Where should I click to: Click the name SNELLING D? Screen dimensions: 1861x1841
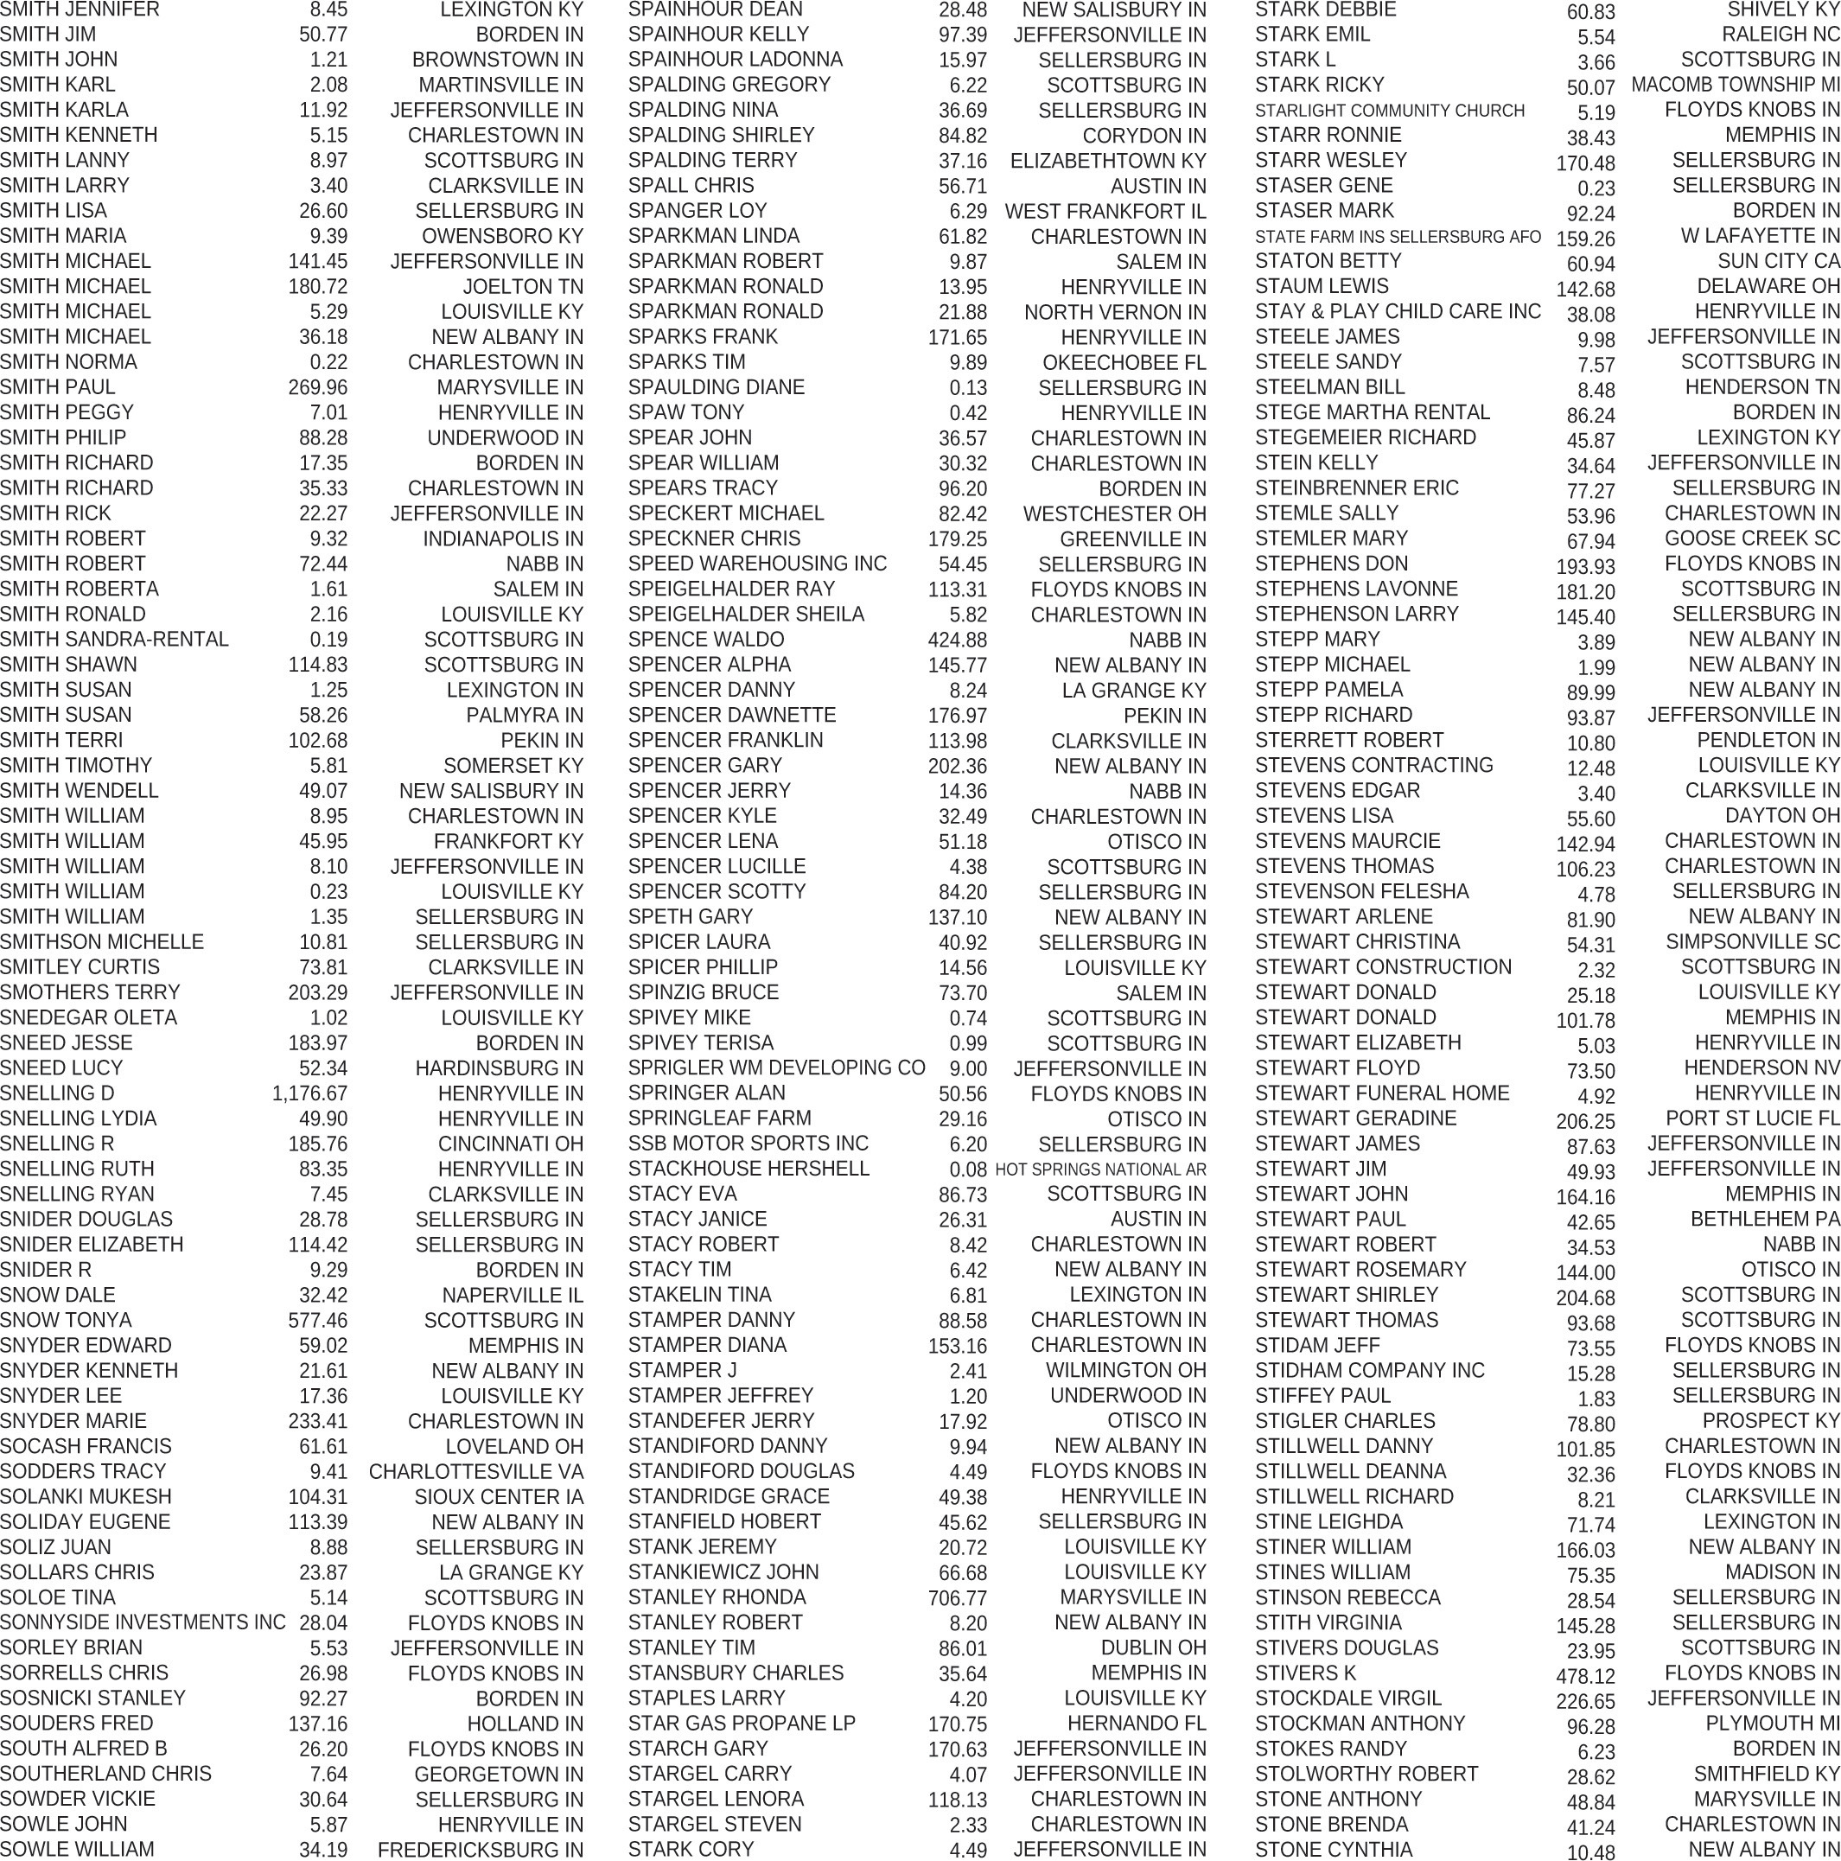[x=57, y=1093]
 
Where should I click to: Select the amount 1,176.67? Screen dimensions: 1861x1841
[x=309, y=1094]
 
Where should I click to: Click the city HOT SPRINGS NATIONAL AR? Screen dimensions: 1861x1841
[x=1100, y=1169]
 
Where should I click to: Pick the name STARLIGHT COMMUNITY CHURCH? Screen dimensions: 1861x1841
[x=1389, y=111]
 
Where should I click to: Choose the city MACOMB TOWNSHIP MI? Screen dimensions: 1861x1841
[x=1735, y=85]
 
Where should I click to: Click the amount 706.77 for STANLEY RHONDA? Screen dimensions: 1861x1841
[x=957, y=1598]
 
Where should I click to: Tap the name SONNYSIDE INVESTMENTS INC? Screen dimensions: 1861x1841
[x=143, y=1623]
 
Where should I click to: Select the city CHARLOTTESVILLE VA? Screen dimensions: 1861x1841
[x=476, y=1472]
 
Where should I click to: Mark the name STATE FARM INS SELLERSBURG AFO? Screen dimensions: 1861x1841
[x=1397, y=237]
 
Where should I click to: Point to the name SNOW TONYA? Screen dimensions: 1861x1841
[x=66, y=1321]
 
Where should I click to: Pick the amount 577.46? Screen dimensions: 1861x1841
[x=317, y=1321]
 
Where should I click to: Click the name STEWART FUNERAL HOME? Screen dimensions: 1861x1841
[x=1381, y=1093]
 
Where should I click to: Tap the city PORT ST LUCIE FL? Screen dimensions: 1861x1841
[x=1752, y=1119]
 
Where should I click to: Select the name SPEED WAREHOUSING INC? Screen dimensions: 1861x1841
[x=757, y=564]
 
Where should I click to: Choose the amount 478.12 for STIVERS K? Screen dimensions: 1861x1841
[x=1585, y=1677]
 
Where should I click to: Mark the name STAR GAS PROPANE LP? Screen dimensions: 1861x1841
[x=741, y=1724]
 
